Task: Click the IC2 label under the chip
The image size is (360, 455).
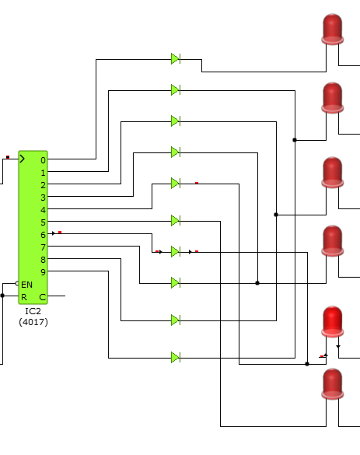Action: (33, 311)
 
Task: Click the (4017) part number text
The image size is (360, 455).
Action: (33, 322)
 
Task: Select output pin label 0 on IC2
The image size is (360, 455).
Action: (43, 160)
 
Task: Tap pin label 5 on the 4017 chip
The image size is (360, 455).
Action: (43, 222)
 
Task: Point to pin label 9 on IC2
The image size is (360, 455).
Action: (43, 272)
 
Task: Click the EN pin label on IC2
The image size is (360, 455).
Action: (26, 285)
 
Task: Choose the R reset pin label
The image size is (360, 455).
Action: (24, 297)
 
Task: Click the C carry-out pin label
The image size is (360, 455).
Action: (42, 297)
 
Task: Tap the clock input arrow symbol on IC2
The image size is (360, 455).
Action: (23, 159)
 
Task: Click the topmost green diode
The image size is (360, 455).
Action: (176, 59)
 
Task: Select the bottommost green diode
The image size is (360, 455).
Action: (176, 357)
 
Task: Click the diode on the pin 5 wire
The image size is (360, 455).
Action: (176, 221)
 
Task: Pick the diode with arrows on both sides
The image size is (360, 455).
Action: (176, 251)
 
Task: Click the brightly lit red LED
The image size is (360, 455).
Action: (333, 321)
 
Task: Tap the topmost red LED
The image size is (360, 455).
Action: (333, 29)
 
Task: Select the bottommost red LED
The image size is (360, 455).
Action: (333, 384)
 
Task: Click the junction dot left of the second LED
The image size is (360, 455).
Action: (295, 140)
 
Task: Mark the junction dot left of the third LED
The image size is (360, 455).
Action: (276, 215)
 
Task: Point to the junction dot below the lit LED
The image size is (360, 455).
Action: (307, 364)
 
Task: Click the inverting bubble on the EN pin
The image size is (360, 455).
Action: (17, 284)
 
